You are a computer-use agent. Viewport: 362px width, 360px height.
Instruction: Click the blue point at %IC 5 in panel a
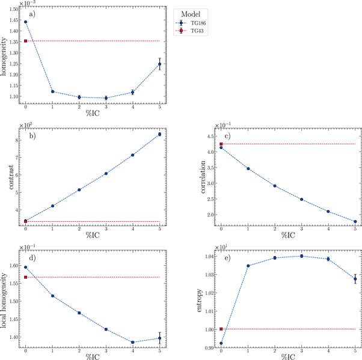click(159, 64)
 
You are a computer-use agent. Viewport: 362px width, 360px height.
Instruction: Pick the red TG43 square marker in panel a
click(25, 41)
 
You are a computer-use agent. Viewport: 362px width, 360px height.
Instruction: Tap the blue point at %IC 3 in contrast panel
click(106, 174)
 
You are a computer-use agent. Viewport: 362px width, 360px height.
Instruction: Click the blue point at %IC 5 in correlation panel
click(355, 222)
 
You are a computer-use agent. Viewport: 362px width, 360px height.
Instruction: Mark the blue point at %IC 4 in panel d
click(133, 343)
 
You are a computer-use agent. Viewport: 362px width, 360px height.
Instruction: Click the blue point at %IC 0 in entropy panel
click(221, 343)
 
